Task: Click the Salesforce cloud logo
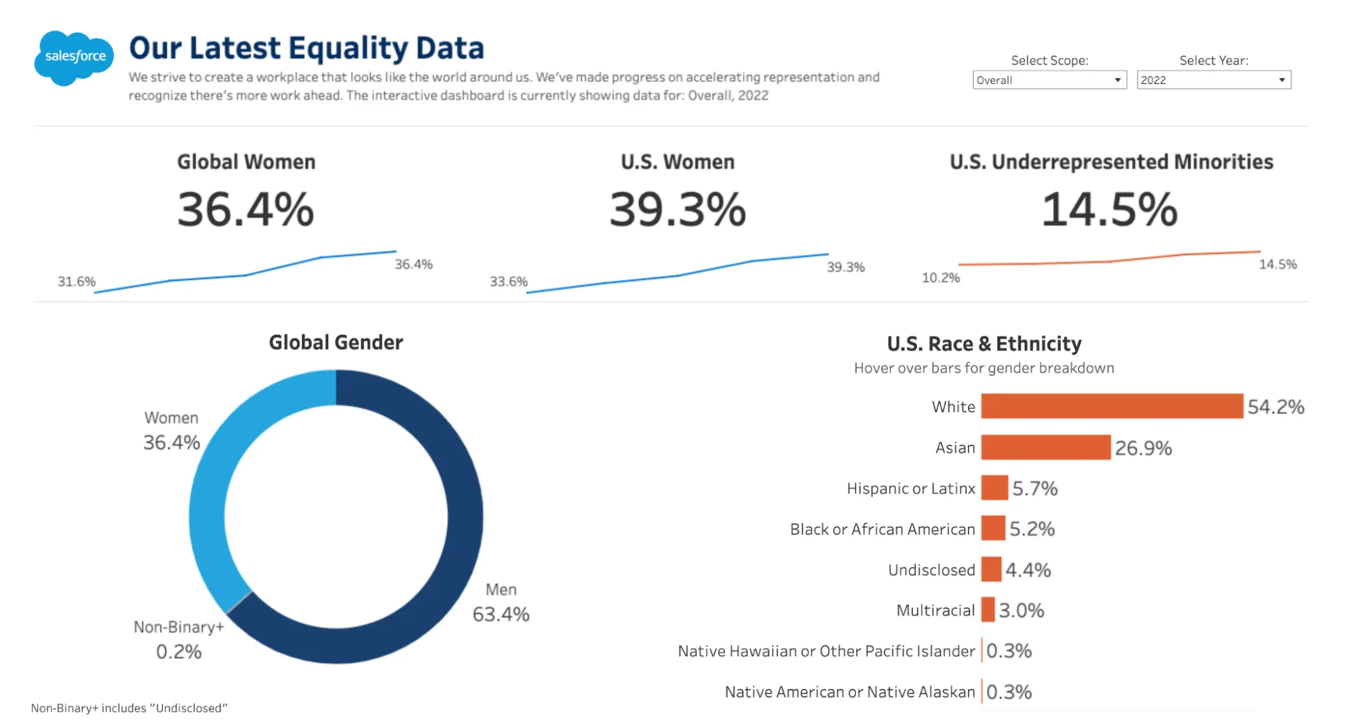coord(73,58)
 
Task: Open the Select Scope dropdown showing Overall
coord(1049,80)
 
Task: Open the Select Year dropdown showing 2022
coord(1213,80)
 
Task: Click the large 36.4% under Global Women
coord(246,209)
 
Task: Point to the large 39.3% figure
coord(677,209)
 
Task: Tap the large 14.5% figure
coord(1109,209)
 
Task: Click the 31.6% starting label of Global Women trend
coord(76,281)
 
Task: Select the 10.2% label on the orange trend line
coord(940,278)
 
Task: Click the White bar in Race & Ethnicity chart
coord(1111,406)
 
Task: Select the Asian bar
coord(1045,447)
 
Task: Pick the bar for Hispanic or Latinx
coord(994,488)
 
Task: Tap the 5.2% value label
coord(1032,529)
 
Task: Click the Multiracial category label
coord(935,610)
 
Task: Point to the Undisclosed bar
coord(991,569)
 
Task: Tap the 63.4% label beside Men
coord(501,614)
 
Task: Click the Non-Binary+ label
coord(178,627)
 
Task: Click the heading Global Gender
coord(336,342)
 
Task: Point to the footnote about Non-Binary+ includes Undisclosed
coord(129,708)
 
